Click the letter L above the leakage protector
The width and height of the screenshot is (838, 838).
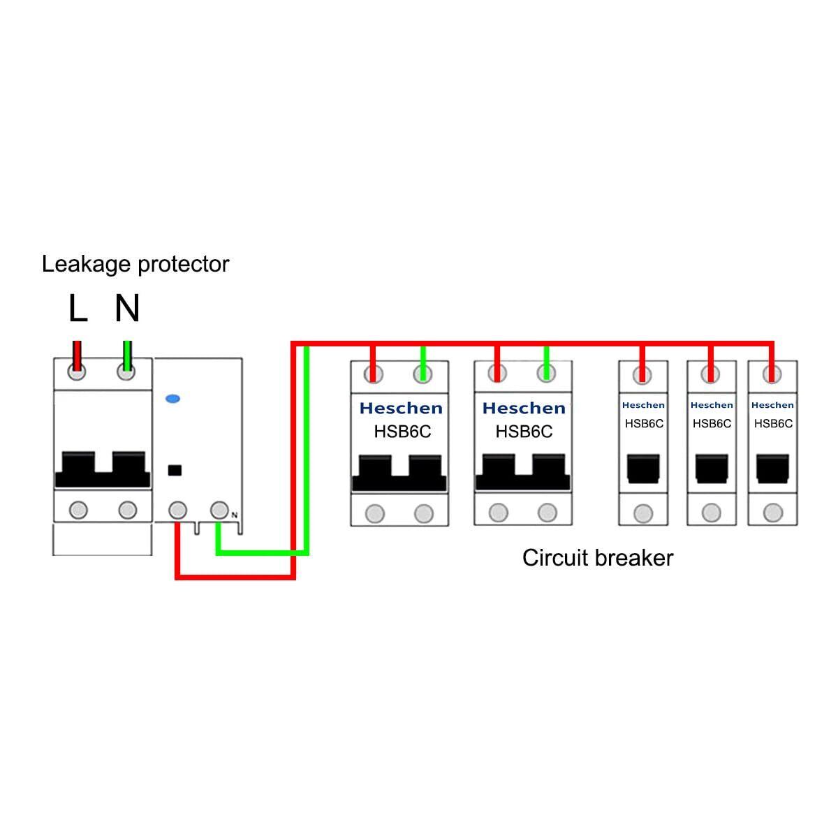coord(78,308)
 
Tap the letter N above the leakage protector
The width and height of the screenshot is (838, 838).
coord(127,308)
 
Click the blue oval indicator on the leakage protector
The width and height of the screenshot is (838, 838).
coord(172,399)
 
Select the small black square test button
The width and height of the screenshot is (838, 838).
coord(175,470)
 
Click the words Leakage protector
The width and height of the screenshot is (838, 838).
coord(135,265)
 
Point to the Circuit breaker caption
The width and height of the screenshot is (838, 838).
coord(598,558)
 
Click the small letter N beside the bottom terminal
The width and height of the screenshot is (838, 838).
coord(235,515)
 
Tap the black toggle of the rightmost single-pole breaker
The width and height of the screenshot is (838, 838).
coord(773,469)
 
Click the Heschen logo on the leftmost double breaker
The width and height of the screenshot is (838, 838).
coord(401,408)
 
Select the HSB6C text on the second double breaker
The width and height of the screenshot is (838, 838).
coord(524,432)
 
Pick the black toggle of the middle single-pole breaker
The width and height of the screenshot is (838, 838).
coord(712,469)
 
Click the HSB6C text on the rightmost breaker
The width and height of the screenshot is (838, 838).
coord(773,423)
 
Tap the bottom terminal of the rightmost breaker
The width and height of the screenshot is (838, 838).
coord(773,513)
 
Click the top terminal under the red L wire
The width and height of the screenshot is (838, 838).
coord(77,372)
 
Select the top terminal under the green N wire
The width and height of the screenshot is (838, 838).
coord(126,372)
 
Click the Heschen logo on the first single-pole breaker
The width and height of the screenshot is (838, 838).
coord(643,405)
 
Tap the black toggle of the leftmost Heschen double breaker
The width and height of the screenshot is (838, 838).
coord(399,473)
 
